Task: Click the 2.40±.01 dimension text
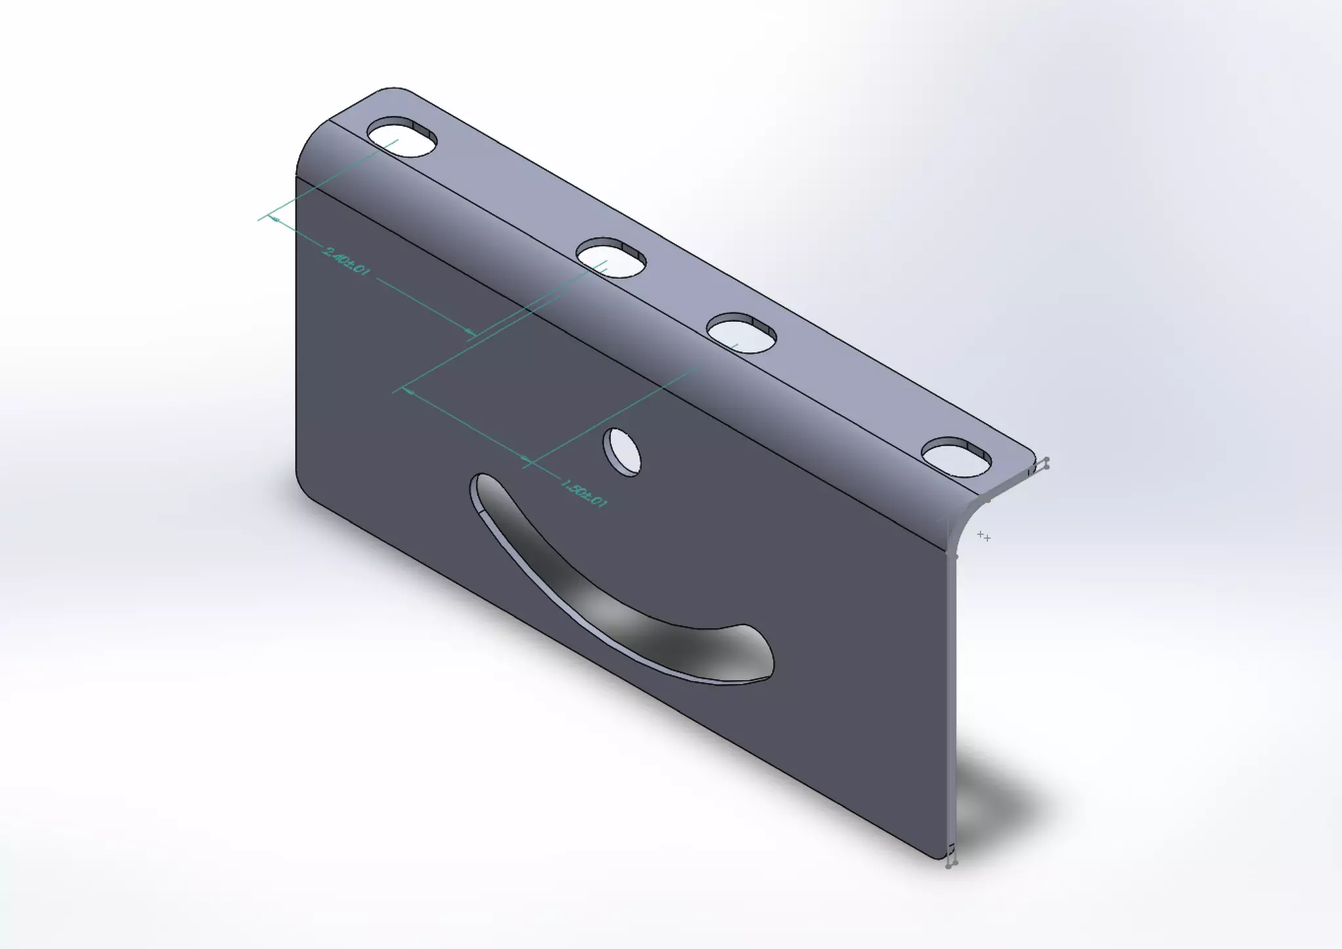click(x=345, y=261)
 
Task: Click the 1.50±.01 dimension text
click(x=584, y=493)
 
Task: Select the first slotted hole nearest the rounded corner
click(x=402, y=138)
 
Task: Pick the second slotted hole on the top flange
click(x=611, y=258)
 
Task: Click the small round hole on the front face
click(x=623, y=452)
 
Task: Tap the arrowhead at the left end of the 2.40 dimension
click(x=276, y=220)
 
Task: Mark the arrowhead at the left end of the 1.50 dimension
click(x=410, y=392)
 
